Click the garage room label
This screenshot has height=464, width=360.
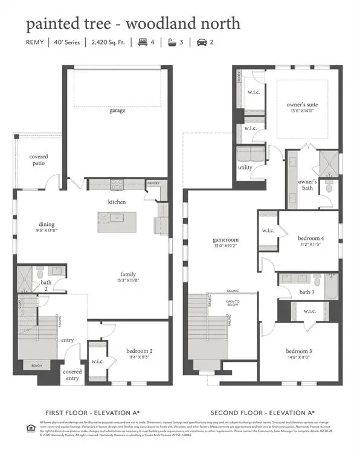[x=117, y=111]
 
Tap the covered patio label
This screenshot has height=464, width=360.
[x=39, y=160]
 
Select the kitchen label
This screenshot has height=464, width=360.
[x=117, y=202]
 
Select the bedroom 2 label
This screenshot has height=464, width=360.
[x=139, y=350]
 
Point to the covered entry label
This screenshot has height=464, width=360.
[x=72, y=375]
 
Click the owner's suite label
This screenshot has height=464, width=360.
[x=302, y=105]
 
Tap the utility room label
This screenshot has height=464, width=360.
[x=245, y=167]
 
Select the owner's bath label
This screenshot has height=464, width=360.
[x=307, y=185]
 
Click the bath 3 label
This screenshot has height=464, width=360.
[x=306, y=292]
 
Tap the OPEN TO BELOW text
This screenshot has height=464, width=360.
[x=233, y=304]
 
